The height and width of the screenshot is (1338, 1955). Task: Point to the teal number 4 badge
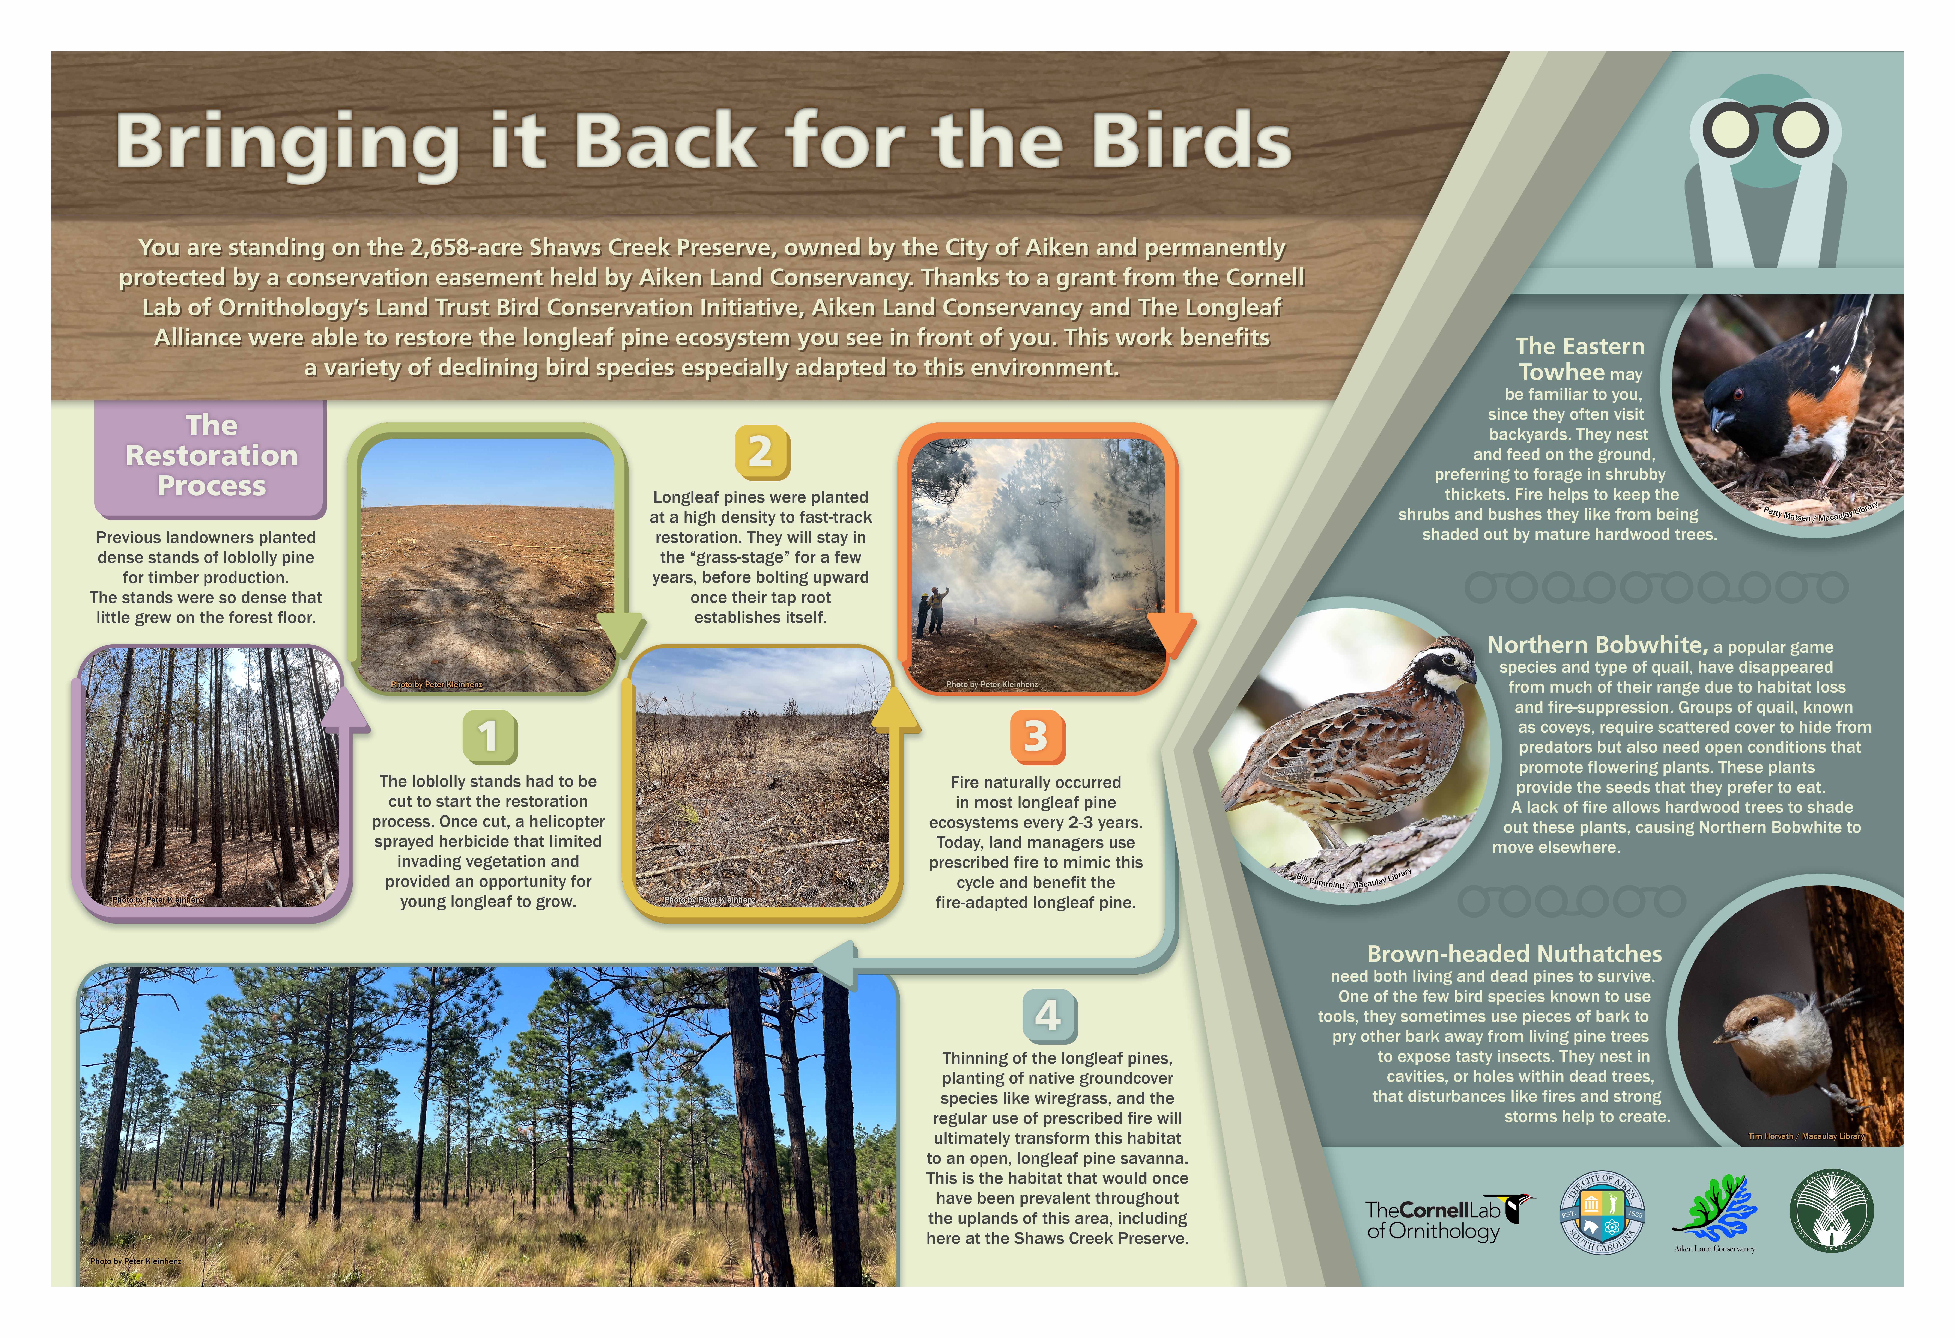click(x=1049, y=1016)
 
